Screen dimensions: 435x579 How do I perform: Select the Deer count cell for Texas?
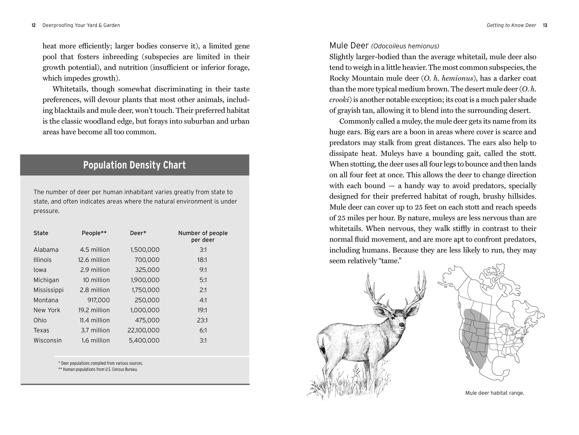143,330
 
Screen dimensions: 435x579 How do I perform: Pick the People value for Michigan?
96,280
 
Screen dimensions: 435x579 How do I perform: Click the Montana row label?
46,300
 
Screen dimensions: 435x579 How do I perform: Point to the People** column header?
94,233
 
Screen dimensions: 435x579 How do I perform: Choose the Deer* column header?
138,233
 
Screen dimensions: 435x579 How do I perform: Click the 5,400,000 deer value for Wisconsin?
144,340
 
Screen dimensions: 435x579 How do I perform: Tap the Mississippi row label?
48,290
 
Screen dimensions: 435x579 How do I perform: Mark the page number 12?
33,25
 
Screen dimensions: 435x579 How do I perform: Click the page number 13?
545,25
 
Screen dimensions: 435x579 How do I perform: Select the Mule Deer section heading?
349,46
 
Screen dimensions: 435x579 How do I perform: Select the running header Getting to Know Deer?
511,25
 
